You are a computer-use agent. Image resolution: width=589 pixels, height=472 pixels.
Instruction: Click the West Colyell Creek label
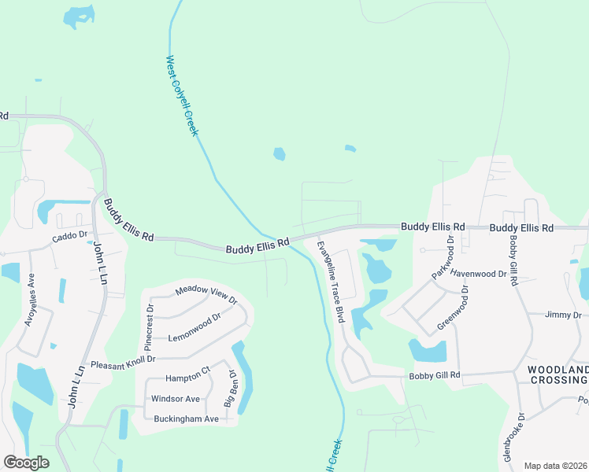pyautogui.click(x=182, y=95)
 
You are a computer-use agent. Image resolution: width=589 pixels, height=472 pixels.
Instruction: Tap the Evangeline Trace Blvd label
pyautogui.click(x=331, y=282)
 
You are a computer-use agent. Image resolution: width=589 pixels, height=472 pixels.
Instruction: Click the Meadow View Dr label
pyautogui.click(x=206, y=294)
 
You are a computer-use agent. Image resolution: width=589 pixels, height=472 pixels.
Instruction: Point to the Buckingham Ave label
pyautogui.click(x=186, y=419)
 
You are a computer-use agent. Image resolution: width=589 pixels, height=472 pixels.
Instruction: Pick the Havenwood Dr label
pyautogui.click(x=479, y=274)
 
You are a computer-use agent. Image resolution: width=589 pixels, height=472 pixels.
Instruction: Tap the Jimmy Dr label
pyautogui.click(x=563, y=315)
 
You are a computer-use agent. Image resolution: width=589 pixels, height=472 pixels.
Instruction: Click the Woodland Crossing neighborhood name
pyautogui.click(x=557, y=374)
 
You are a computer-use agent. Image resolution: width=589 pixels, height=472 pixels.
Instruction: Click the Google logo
pyautogui.click(x=26, y=463)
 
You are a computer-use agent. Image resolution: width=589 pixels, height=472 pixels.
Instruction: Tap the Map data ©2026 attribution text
pyautogui.click(x=554, y=465)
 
